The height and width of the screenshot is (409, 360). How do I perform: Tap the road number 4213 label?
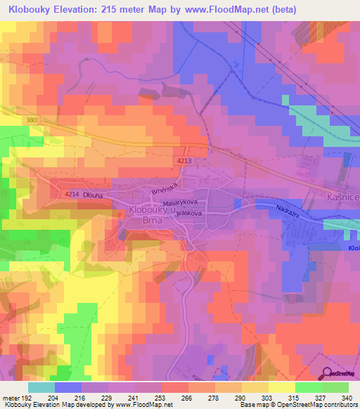184,161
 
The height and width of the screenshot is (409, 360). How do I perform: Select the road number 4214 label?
71,195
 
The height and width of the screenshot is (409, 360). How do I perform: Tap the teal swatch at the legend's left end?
41,387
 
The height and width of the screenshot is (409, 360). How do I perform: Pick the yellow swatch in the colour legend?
281,387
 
